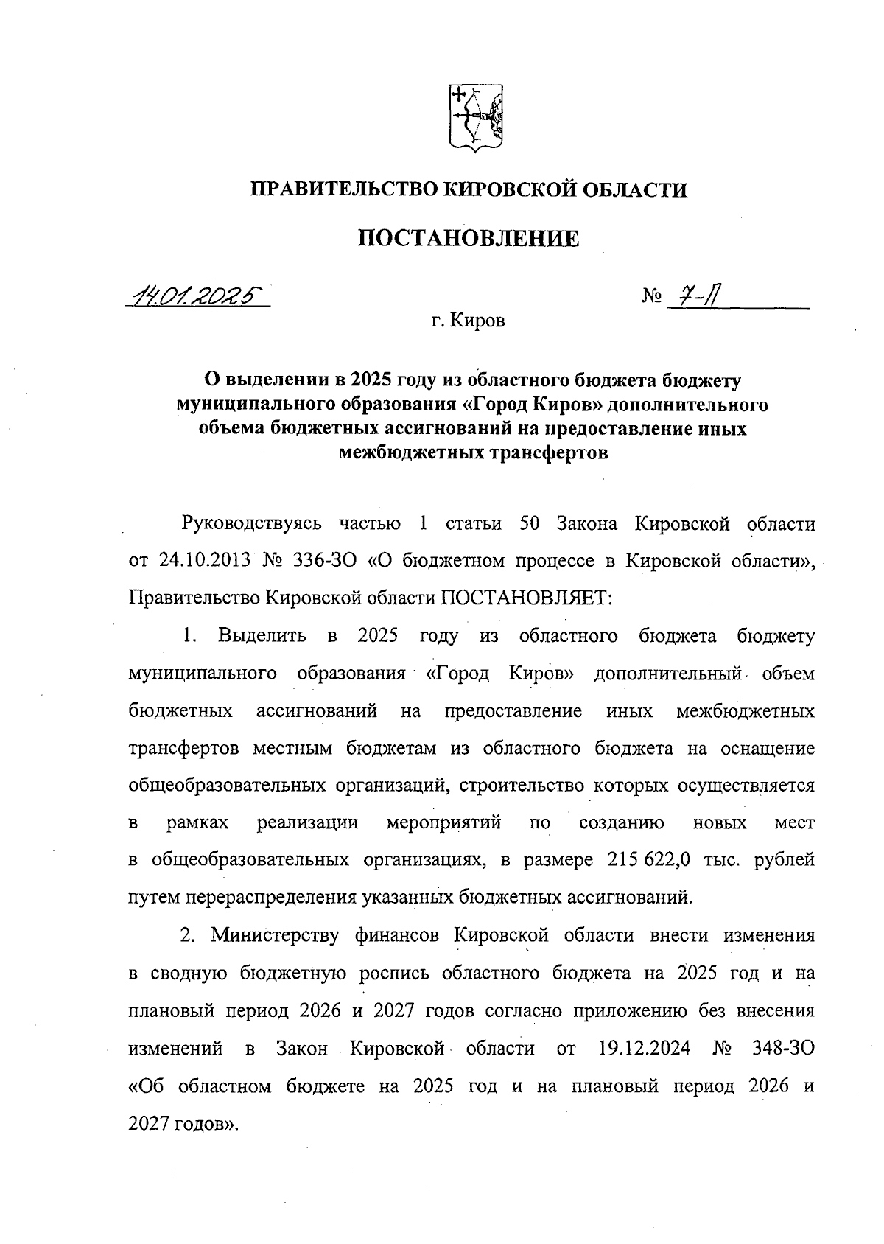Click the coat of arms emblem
click(475, 119)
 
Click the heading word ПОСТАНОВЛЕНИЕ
click(469, 239)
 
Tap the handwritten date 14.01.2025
click(197, 296)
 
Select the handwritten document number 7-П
click(695, 297)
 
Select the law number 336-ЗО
click(325, 561)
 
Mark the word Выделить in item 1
click(262, 636)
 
